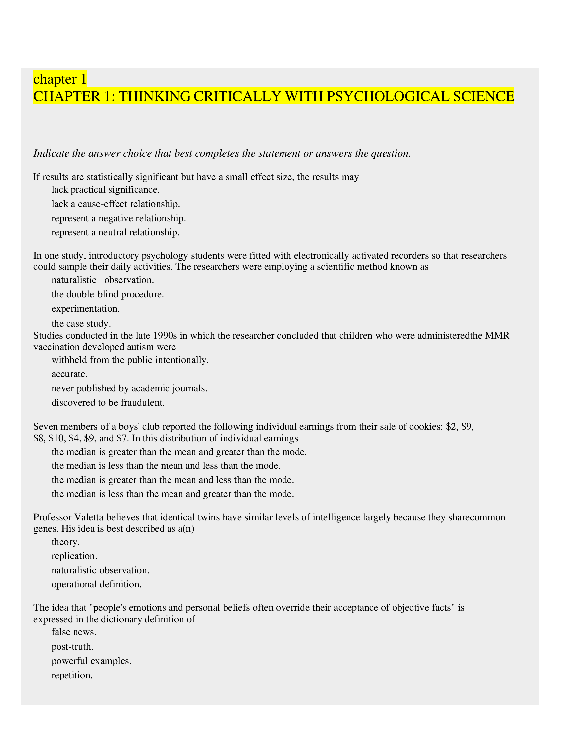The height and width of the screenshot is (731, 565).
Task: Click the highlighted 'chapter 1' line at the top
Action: [60, 79]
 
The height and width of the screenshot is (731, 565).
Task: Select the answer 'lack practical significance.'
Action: [105, 190]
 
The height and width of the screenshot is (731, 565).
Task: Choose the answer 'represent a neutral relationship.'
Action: [115, 232]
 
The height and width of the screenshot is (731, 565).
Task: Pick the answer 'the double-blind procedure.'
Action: [107, 294]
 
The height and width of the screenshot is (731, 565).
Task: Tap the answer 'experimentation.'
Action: [85, 308]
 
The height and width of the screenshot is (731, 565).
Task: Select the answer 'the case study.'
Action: [81, 323]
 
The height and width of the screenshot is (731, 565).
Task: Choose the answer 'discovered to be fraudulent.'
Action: [108, 402]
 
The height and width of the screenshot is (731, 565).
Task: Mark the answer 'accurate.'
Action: [69, 374]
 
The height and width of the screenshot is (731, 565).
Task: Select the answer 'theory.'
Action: [65, 541]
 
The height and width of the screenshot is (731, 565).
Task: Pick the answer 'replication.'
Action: [74, 556]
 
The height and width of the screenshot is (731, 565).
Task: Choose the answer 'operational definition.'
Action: [96, 584]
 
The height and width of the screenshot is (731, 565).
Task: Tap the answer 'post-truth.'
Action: [72, 646]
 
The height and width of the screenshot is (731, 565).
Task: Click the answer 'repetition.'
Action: [72, 675]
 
